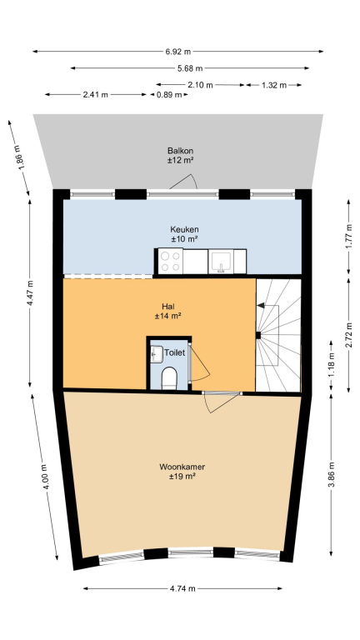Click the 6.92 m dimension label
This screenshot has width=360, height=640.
[x=178, y=52]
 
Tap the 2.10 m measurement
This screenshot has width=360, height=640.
[x=200, y=85]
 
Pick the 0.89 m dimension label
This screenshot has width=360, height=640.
[x=169, y=95]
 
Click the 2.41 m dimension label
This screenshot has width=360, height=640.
[x=96, y=95]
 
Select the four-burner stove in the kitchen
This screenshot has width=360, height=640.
[x=171, y=261]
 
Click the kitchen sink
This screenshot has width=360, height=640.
[x=221, y=262]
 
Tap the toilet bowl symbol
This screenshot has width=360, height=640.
[x=169, y=377]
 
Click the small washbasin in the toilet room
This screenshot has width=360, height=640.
[x=157, y=353]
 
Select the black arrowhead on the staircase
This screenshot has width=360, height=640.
[x=260, y=305]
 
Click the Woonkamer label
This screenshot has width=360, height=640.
[x=182, y=467]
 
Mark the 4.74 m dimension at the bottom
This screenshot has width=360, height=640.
[x=182, y=588]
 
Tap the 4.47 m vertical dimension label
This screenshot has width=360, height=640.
[x=31, y=293]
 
